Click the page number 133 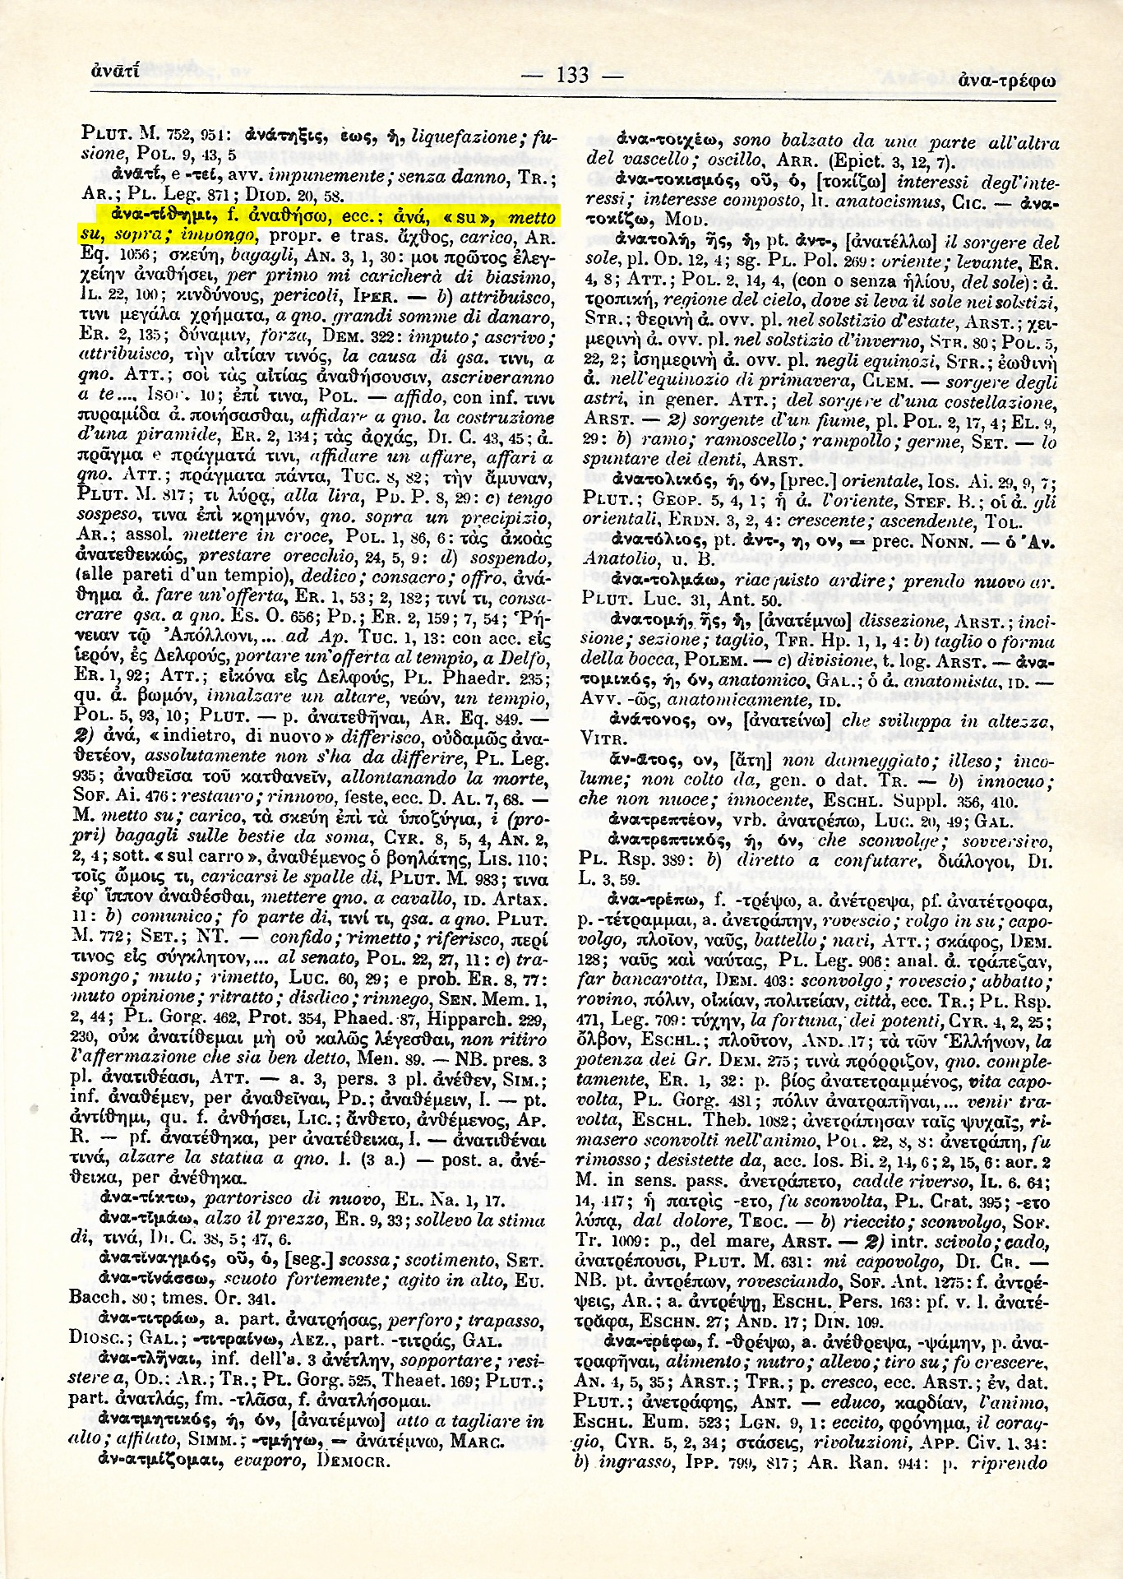573,76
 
